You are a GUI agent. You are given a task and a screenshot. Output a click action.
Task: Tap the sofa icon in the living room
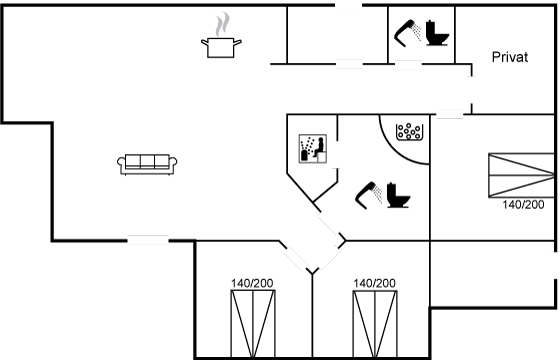147,165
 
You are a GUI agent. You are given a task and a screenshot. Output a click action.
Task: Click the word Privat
510,57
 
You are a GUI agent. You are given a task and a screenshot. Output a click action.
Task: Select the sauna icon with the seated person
312,149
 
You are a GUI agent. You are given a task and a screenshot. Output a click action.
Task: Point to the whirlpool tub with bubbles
410,132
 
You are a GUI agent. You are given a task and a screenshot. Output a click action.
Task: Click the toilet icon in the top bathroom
437,33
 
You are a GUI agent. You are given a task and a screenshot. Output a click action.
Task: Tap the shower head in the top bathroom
408,33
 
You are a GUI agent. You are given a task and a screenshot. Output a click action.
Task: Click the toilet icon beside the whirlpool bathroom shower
398,195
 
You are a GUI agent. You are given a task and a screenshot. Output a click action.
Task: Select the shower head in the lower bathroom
369,195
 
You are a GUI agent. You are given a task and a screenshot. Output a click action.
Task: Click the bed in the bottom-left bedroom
253,324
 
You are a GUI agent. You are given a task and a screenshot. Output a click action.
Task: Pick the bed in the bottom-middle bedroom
375,324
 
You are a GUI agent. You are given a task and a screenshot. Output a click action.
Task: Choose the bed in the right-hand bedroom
521,175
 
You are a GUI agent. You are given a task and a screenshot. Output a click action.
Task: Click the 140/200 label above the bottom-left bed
252,283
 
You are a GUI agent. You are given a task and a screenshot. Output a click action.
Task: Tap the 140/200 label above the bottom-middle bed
374,283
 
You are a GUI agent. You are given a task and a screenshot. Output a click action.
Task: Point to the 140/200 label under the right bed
523,205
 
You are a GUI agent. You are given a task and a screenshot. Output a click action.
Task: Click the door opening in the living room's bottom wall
148,240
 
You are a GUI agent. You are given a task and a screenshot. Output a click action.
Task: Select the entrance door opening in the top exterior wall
349,5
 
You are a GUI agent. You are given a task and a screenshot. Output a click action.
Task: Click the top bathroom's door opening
408,64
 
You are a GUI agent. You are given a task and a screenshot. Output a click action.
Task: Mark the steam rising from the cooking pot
222,24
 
